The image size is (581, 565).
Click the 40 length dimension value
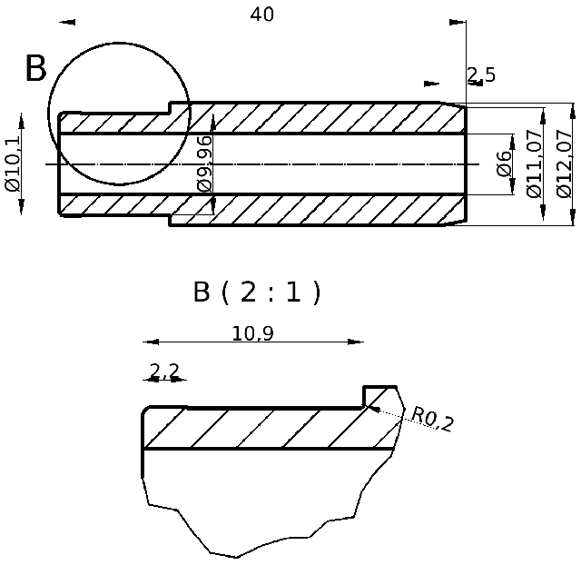coord(261,15)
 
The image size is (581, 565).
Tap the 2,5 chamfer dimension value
coord(481,74)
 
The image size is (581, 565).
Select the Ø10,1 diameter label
coord(12,164)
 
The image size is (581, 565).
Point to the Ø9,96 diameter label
coord(204,164)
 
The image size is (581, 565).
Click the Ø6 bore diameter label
coord(505,164)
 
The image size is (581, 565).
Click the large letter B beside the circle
coord(34,69)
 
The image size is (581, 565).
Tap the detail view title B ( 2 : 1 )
coord(257,292)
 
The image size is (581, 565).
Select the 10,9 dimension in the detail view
coord(252,333)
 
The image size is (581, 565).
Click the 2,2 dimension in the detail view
coord(164,371)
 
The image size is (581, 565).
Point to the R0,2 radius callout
coord(432,419)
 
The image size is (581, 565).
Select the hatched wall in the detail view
coord(272,429)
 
